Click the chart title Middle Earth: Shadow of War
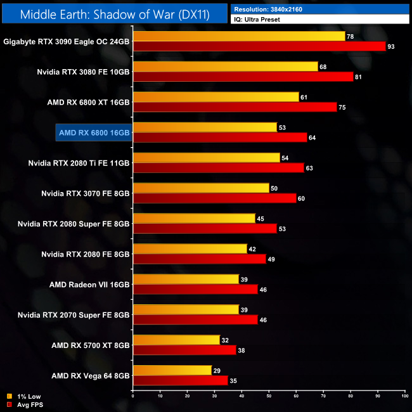[114, 14]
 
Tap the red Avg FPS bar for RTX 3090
[259, 46]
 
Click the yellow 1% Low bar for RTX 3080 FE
[225, 67]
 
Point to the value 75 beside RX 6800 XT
[342, 107]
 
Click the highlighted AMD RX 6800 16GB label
[94, 132]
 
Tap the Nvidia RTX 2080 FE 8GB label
[86, 254]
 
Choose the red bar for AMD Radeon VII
[195, 290]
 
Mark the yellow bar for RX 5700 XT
[176, 340]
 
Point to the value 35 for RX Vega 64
[233, 381]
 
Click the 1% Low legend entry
[22, 397]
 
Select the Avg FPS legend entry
[23, 404]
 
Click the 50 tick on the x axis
[269, 396]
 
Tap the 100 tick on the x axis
[404, 396]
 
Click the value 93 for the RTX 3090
[391, 46]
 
